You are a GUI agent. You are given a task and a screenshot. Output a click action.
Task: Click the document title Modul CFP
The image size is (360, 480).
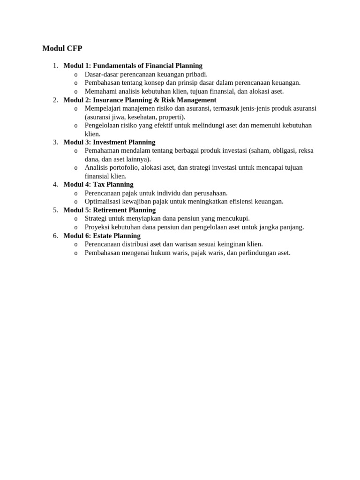[x=62, y=48]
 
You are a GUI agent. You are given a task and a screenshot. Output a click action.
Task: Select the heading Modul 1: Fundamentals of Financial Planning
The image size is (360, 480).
[x=133, y=66]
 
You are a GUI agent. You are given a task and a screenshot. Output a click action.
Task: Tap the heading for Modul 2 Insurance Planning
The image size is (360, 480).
[x=140, y=100]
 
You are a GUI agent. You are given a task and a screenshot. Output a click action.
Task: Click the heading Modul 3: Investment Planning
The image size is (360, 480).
[x=109, y=142]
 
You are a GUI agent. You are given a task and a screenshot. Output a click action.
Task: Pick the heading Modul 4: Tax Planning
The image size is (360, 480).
[x=98, y=184]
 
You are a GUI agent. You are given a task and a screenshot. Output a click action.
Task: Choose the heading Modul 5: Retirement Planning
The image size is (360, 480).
[x=109, y=210]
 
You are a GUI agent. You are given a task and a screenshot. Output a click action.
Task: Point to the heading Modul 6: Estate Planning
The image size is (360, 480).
[x=102, y=236]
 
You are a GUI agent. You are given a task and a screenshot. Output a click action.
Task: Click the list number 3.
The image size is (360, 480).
[x=55, y=142]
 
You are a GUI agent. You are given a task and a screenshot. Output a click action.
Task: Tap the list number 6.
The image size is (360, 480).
[x=55, y=236]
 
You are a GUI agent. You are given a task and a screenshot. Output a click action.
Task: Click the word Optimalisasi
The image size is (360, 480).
[x=103, y=202]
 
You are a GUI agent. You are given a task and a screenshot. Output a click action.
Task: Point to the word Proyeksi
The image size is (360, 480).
[x=97, y=227]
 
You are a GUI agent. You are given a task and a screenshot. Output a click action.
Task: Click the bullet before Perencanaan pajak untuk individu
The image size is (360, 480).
[x=76, y=193]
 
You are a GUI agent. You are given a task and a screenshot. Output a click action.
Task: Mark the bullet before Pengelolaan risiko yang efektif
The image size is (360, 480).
[x=76, y=126]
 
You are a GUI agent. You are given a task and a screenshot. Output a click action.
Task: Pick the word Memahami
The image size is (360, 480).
[x=99, y=91]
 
